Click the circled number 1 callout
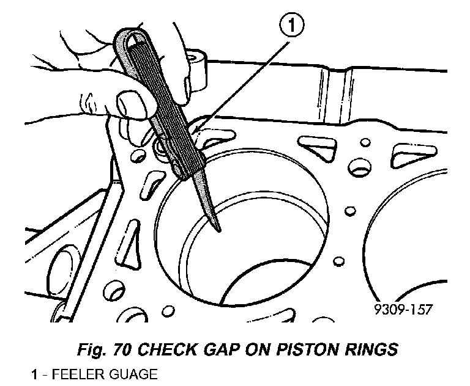coord(292,25)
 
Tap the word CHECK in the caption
coord(168,350)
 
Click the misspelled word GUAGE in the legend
coord(130,374)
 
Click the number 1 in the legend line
coord(35,374)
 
